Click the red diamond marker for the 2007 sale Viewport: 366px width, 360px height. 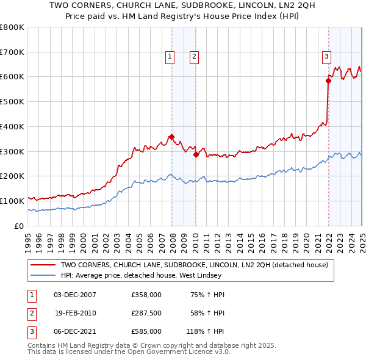(x=171, y=137)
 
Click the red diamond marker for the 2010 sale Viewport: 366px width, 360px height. (x=196, y=154)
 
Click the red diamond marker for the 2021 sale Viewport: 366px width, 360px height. (x=328, y=80)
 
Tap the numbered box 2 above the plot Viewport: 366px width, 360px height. (x=193, y=57)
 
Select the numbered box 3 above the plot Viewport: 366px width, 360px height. (x=326, y=57)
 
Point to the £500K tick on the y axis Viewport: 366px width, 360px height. (x=12, y=101)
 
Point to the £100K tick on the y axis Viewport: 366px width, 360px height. (x=12, y=201)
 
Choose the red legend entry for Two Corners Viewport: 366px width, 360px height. (x=194, y=265)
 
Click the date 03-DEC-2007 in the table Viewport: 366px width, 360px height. (x=74, y=295)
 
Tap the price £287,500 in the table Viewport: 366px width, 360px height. (x=146, y=313)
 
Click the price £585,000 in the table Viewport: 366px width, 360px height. (x=146, y=331)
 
